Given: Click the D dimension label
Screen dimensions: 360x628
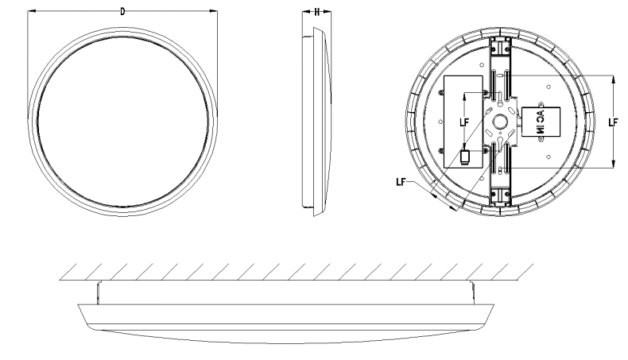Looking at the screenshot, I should pos(122,12).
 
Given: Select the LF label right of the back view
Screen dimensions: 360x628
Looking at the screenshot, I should pos(612,122).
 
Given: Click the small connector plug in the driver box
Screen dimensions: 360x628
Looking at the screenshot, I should pos(463,157).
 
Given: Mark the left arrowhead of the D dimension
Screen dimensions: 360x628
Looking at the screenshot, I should pos(29,12).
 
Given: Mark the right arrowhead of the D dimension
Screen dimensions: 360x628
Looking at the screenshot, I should pos(215,12).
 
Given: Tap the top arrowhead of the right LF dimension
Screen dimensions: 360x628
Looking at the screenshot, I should pos(613,78).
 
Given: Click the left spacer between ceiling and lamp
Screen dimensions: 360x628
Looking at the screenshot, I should pos(96,292).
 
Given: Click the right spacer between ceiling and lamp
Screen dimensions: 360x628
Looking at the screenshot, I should pos(472,292).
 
